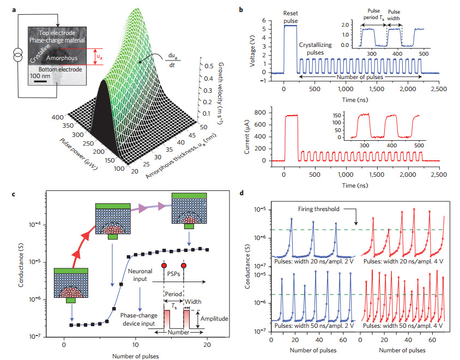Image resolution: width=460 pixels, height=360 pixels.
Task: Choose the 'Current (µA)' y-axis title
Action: click(252, 136)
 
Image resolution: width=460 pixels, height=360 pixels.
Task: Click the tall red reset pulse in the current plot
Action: click(288, 116)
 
